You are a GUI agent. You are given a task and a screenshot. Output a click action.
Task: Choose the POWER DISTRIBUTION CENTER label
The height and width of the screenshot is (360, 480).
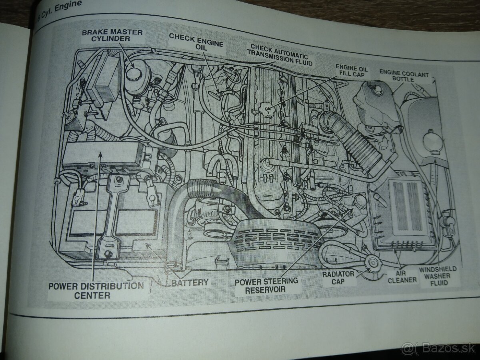96,291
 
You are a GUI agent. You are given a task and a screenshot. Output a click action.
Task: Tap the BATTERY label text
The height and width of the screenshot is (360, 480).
190,283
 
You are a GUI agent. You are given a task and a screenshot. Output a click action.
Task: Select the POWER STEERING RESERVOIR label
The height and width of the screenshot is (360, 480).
266,284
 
